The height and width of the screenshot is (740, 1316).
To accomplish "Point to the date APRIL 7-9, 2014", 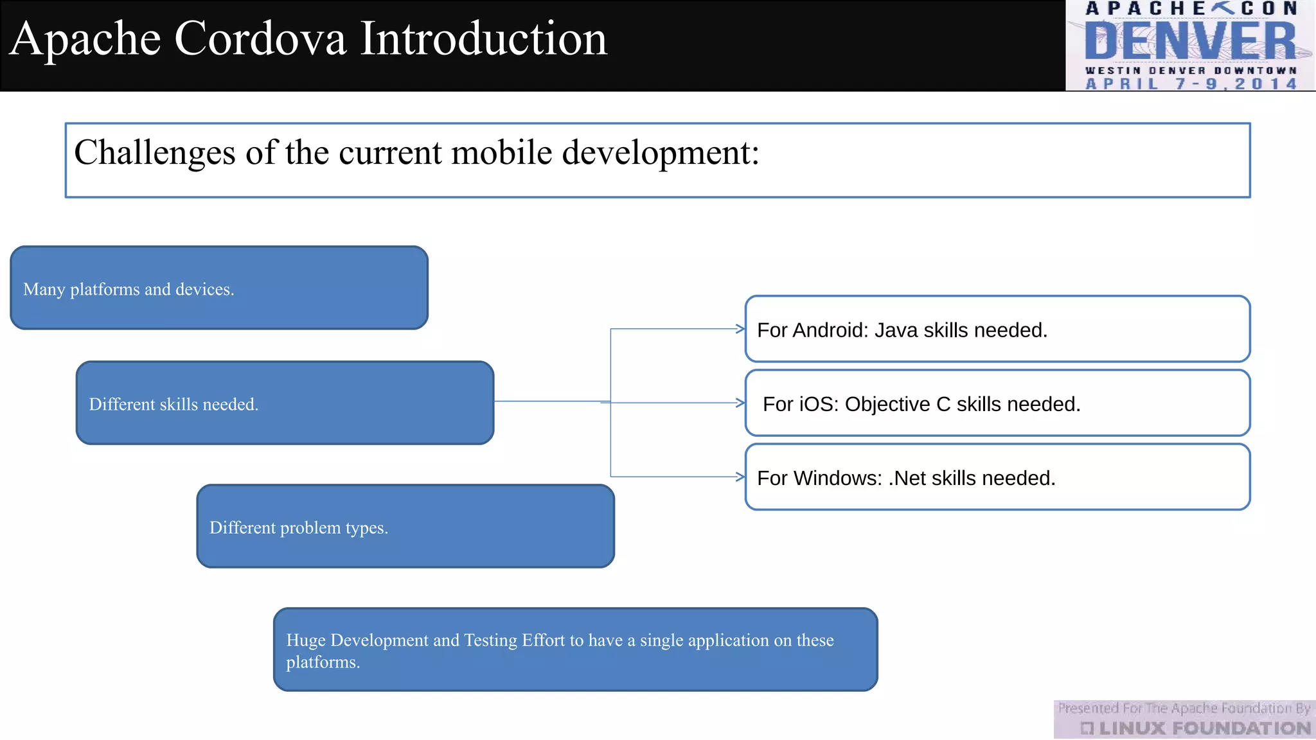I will coord(1191,84).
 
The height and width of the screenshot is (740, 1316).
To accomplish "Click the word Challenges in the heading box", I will coord(155,153).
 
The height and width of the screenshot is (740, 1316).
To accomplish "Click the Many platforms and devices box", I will coord(219,288).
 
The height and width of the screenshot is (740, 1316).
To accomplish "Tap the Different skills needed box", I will coord(285,403).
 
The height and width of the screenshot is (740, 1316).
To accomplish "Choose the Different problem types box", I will coord(405,526).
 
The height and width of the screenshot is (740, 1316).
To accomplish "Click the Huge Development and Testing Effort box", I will coord(575,649).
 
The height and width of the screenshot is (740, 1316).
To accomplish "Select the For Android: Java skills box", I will coord(997,329).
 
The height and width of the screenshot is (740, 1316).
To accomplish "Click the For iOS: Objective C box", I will coord(997,403).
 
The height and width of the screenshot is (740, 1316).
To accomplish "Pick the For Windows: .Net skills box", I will coord(997,477).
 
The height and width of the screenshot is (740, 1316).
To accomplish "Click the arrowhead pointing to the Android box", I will coord(740,329).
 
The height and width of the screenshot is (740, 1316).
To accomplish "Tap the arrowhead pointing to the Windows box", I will coord(740,477).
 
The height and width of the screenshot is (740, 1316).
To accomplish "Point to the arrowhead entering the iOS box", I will coord(740,403).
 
